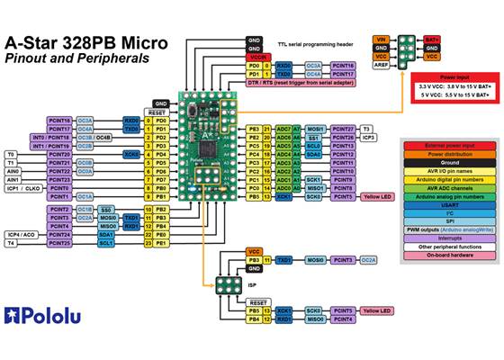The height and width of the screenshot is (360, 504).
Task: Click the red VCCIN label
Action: pos(256,57)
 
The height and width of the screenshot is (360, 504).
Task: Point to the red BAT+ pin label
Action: pos(432,40)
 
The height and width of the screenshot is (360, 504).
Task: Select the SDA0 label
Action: pos(314,154)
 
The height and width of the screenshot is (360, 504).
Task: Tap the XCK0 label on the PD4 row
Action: pos(132,154)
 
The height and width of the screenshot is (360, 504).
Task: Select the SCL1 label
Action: pos(105,243)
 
